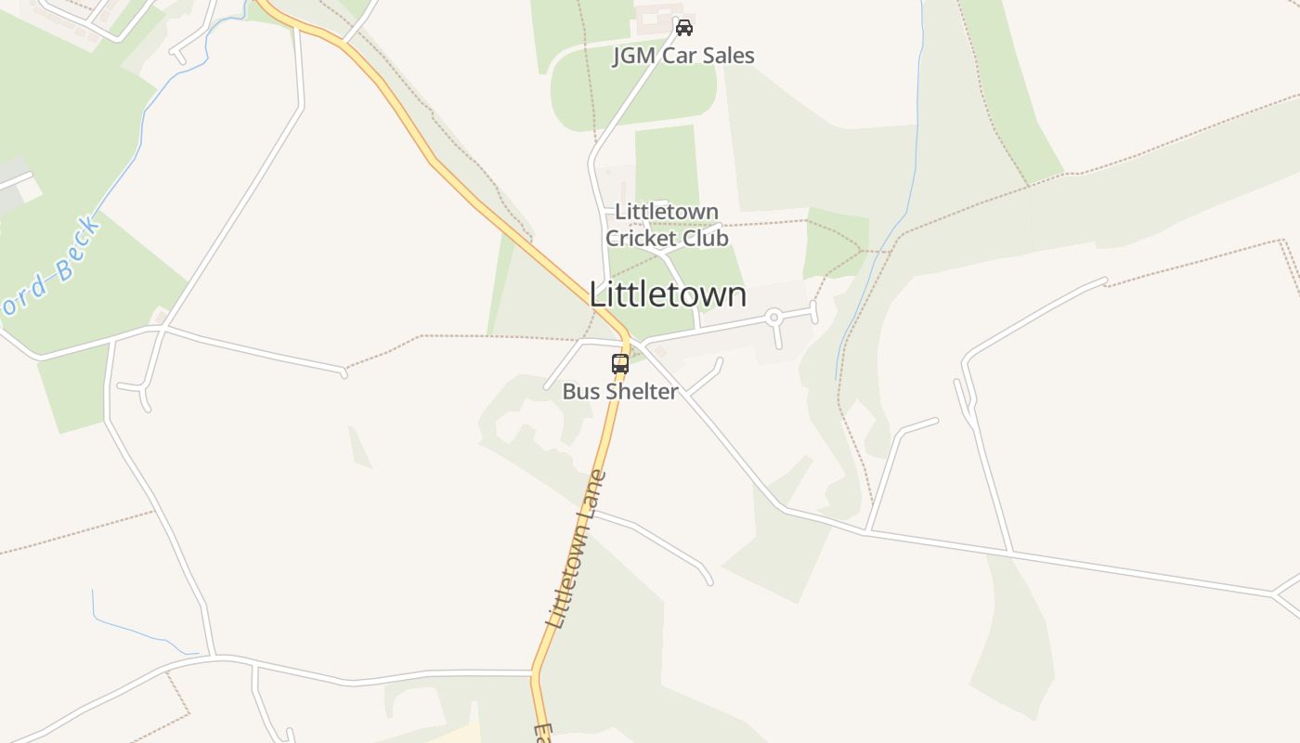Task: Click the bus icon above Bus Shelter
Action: tap(620, 364)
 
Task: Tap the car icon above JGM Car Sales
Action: tap(684, 28)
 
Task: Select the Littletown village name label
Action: tap(668, 294)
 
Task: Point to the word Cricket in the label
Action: tap(641, 239)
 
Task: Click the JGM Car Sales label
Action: tap(683, 56)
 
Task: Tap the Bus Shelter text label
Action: tap(620, 392)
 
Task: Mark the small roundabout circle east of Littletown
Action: tap(773, 318)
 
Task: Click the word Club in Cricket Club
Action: tap(705, 239)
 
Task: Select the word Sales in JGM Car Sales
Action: tap(726, 56)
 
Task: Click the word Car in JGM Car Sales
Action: tap(679, 56)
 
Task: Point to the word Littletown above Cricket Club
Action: tap(667, 212)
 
